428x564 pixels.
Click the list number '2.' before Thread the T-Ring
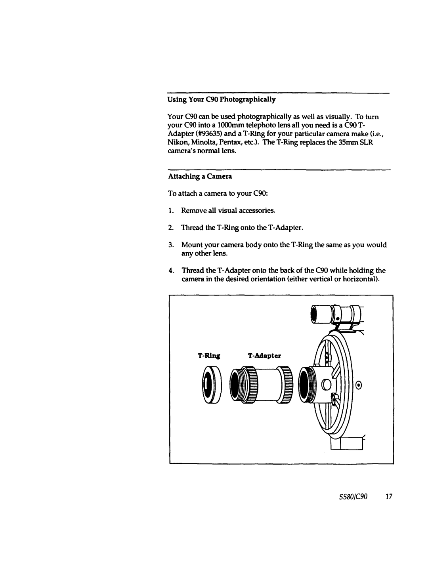click(171, 228)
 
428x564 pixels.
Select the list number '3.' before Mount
click(171, 245)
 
